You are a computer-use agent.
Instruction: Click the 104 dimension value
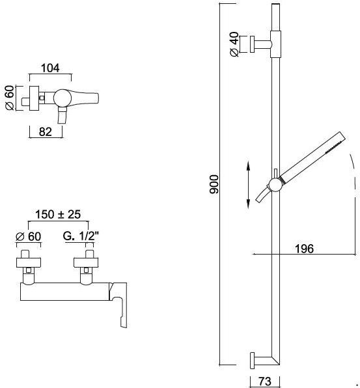tap(50, 68)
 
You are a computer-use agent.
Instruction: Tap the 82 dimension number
tap(46, 132)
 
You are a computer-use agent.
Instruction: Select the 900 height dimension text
tap(214, 184)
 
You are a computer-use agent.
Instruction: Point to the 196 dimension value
tap(304, 249)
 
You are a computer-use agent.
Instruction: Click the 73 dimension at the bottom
tap(265, 381)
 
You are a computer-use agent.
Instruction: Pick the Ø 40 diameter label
tap(234, 44)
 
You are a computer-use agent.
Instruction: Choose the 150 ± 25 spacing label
tap(58, 214)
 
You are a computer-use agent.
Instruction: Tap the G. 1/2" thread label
tap(81, 236)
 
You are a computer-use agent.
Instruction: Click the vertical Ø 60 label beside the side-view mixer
tap(10, 98)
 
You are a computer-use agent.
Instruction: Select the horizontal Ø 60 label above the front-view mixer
tap(29, 236)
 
